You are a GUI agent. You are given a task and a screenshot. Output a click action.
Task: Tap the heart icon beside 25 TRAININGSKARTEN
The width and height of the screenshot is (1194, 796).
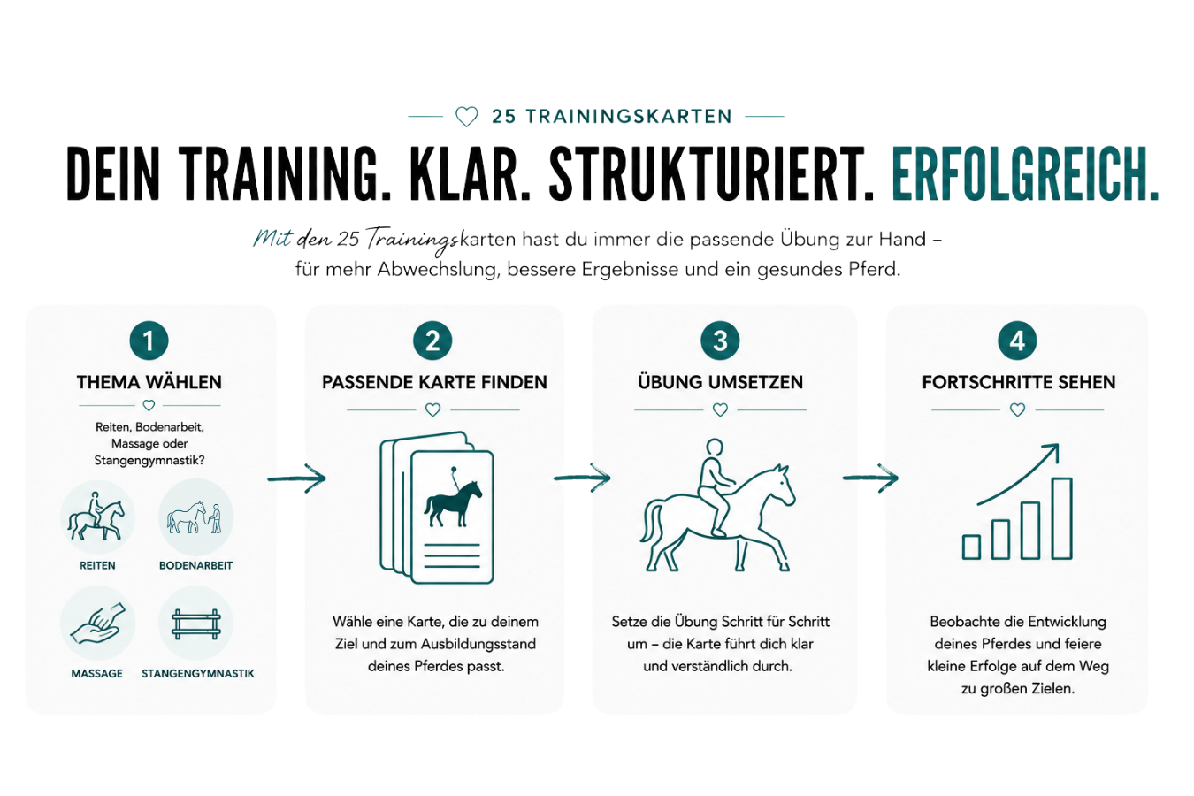[466, 116]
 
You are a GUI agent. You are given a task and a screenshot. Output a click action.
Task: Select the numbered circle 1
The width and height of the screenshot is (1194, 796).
[149, 341]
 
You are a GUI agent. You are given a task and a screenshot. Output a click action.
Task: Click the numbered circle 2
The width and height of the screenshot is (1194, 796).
[432, 341]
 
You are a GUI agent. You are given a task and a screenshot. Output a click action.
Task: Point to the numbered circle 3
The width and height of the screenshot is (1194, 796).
[720, 341]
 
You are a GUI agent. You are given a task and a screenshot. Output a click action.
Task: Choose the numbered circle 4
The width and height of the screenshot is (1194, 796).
[1017, 341]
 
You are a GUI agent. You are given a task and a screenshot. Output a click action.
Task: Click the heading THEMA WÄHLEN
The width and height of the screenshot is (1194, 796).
[149, 382]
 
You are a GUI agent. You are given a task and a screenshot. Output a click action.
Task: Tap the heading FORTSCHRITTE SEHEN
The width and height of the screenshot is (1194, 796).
[1019, 382]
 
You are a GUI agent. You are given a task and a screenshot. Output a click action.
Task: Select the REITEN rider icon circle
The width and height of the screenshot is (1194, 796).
[97, 517]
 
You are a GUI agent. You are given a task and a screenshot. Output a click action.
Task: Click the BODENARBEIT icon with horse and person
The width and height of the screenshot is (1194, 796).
[195, 517]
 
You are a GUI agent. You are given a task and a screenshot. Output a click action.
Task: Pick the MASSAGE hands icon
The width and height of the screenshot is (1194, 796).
[97, 624]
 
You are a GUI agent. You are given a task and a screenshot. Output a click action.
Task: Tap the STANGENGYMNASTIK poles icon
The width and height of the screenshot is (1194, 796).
[195, 624]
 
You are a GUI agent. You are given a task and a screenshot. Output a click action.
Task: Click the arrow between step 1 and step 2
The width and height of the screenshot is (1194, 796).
[296, 478]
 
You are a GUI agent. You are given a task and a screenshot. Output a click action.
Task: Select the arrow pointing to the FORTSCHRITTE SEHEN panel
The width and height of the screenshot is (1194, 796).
[870, 478]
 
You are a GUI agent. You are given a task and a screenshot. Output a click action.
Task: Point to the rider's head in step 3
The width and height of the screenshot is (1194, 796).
[715, 448]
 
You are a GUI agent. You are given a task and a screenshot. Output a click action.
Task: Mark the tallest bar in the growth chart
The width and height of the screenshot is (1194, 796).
[1062, 518]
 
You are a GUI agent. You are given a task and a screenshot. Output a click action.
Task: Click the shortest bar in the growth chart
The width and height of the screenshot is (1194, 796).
[971, 547]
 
